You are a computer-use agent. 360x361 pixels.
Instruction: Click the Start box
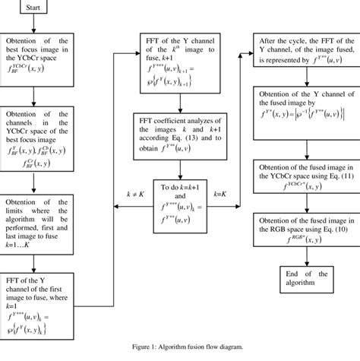point(33,11)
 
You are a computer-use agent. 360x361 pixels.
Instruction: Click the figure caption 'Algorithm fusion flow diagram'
point(180,346)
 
